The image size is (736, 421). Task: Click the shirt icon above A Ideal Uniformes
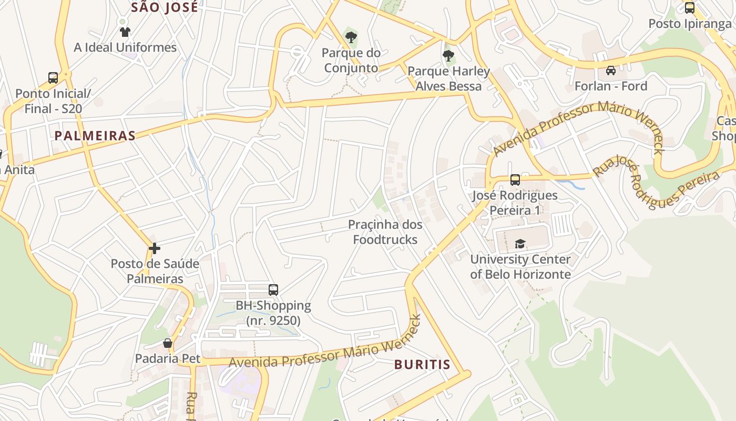125,32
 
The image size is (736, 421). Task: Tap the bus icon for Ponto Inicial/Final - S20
53,78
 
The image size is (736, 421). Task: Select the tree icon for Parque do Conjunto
351,37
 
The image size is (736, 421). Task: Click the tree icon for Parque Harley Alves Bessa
448,55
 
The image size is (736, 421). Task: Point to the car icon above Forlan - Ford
610,70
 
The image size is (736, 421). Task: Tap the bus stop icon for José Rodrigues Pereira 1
515,180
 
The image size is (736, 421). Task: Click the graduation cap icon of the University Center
520,244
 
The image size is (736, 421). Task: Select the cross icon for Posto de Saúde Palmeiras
155,248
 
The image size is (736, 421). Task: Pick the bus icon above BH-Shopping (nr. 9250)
273,289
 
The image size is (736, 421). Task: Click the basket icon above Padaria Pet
168,343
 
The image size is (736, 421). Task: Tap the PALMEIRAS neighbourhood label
95,136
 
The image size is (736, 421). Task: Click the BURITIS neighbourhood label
422,364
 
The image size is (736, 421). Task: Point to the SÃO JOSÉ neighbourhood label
165,7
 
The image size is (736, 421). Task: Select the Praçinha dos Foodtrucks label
385,232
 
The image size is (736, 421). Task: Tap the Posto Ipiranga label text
690,24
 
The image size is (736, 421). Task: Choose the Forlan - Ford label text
611,86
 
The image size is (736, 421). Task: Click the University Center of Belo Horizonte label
520,267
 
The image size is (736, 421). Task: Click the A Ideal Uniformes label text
125,47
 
